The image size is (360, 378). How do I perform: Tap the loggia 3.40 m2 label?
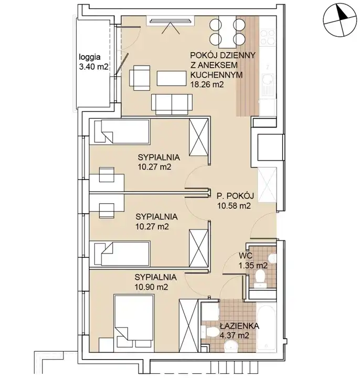pos(93,62)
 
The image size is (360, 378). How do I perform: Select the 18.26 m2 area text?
pos(207,85)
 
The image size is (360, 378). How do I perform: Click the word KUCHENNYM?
pos(216,75)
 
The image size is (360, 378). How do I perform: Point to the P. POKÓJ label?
pos(235,196)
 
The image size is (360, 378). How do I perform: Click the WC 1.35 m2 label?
pos(253,260)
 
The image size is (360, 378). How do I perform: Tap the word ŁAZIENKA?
pos(239,326)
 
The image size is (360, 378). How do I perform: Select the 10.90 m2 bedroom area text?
pos(151,287)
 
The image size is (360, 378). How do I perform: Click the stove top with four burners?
pos(268,37)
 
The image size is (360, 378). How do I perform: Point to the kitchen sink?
pos(268,85)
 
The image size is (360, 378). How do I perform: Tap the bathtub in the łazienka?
pos(266,328)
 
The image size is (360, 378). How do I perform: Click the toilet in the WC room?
pos(260,278)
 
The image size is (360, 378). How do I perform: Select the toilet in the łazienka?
pos(209,333)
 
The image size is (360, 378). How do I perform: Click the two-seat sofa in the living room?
pos(172,104)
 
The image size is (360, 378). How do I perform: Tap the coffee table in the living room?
pos(172,78)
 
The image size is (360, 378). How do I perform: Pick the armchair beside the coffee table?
pos(140,78)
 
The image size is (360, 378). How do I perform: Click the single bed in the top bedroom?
pos(122,131)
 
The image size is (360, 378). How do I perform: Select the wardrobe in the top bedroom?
pos(198,137)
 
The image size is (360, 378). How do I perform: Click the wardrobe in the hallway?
pos(267,185)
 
